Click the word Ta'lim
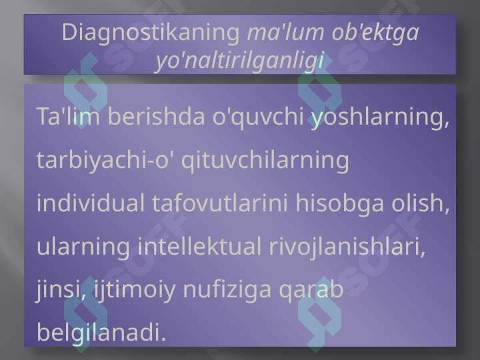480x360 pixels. (x=68, y=116)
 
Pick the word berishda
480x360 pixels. (x=156, y=116)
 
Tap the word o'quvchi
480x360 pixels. (x=258, y=117)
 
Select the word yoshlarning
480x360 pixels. (x=380, y=118)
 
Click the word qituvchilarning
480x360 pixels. (x=265, y=161)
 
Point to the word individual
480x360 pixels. (x=90, y=203)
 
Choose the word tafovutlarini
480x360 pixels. (x=220, y=203)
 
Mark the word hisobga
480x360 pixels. (x=339, y=204)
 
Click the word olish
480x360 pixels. (x=420, y=203)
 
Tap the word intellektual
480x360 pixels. (x=199, y=246)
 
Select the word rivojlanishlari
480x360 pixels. (x=347, y=247)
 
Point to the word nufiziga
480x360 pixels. (x=227, y=290)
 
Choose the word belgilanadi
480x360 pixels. (x=101, y=333)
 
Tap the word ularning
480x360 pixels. (x=83, y=247)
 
